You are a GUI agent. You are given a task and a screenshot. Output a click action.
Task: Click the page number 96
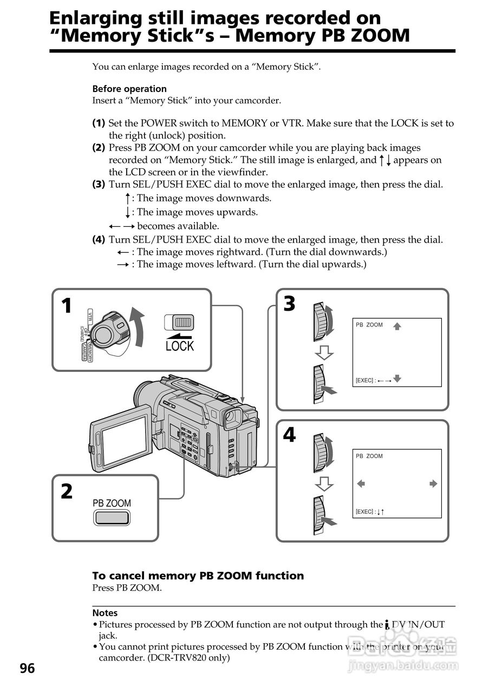coord(27,668)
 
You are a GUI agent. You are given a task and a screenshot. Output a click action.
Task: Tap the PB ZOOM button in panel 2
coord(112,518)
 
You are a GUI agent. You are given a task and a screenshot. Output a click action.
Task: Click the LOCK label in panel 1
coord(179,345)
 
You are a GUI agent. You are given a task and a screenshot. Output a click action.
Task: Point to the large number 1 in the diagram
coord(66,306)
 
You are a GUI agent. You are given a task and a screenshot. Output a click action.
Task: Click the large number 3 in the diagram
coord(290,304)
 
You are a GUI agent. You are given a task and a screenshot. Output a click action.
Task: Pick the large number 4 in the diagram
coord(290,435)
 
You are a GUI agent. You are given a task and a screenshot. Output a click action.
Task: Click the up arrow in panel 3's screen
coord(397,326)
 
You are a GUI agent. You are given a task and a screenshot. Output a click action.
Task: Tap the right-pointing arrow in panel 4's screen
coord(433,483)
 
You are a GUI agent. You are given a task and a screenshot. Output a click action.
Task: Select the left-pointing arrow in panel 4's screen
coord(361,483)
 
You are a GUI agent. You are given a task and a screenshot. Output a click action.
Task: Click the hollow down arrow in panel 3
coord(324,352)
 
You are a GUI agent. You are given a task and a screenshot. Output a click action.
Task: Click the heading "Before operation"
coord(129,89)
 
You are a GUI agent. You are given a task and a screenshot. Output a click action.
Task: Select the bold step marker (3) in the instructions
coord(99,185)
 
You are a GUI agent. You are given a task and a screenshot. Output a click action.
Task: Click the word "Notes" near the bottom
coord(105,613)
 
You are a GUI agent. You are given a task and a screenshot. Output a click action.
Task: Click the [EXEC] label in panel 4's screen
coord(365,512)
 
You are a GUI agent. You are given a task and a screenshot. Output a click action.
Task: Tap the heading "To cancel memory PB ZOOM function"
coord(198,576)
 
